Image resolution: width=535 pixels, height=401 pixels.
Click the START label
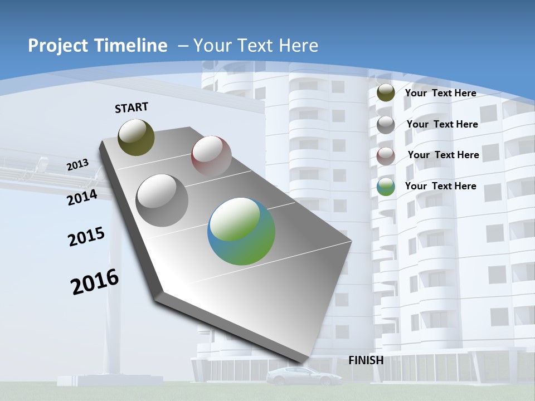click(x=132, y=107)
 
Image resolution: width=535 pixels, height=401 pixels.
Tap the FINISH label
click(x=366, y=360)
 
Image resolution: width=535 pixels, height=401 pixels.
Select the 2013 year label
click(x=78, y=164)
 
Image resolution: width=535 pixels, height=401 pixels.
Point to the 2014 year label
click(x=82, y=197)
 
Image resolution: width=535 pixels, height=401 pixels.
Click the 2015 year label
click(x=86, y=237)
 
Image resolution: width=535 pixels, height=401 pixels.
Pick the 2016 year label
click(x=95, y=282)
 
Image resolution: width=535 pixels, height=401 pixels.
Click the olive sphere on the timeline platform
click(x=137, y=137)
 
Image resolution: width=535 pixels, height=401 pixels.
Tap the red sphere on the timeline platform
click(x=211, y=155)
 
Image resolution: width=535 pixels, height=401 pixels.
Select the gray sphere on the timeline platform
click(x=162, y=200)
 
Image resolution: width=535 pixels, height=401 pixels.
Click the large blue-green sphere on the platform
click(x=241, y=231)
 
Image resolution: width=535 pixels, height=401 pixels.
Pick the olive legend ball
click(x=386, y=93)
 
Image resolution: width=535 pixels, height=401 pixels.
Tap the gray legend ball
click(x=386, y=125)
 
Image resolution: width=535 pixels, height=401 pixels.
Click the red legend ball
click(x=386, y=155)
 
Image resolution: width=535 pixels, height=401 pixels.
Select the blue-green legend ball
click(x=386, y=187)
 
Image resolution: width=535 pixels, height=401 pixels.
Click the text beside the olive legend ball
click(x=440, y=93)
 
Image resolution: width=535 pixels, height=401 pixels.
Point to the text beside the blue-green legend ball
click(x=440, y=186)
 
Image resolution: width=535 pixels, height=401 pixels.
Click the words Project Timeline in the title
click(x=98, y=46)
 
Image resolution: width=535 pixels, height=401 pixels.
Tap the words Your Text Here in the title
click(x=256, y=46)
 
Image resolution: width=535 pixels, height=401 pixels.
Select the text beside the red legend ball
click(x=443, y=155)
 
